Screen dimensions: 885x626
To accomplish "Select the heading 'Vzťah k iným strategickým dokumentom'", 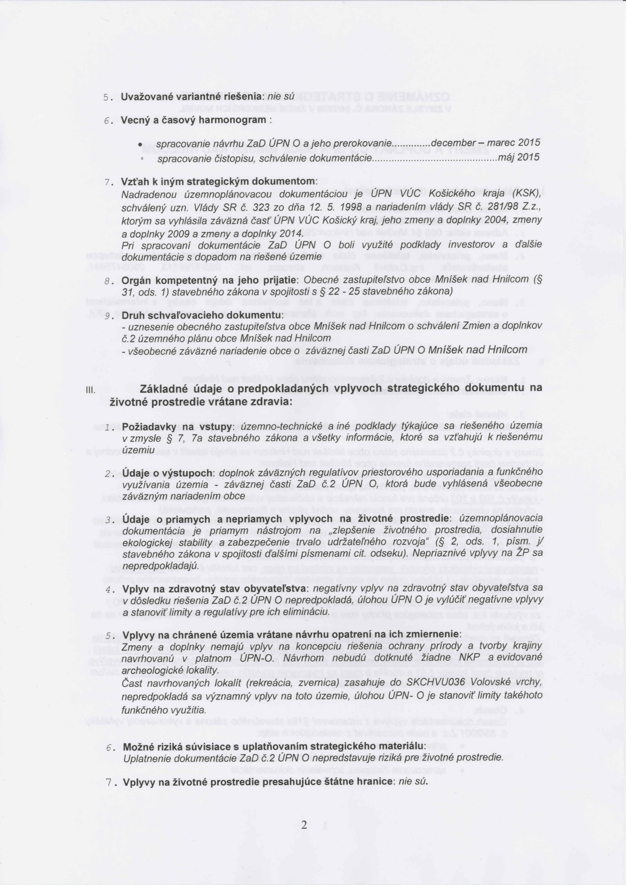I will tap(219, 181).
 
